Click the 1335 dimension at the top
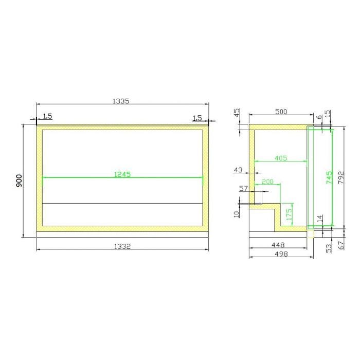coord(121,101)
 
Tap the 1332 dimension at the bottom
coord(122,246)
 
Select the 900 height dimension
coord(20,181)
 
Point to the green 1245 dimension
coord(122,174)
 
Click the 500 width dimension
coord(281,112)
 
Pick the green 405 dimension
coord(281,158)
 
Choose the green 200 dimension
coord(267,182)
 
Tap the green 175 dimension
coord(289,214)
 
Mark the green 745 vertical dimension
coord(329,177)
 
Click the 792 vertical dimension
coord(341,177)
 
